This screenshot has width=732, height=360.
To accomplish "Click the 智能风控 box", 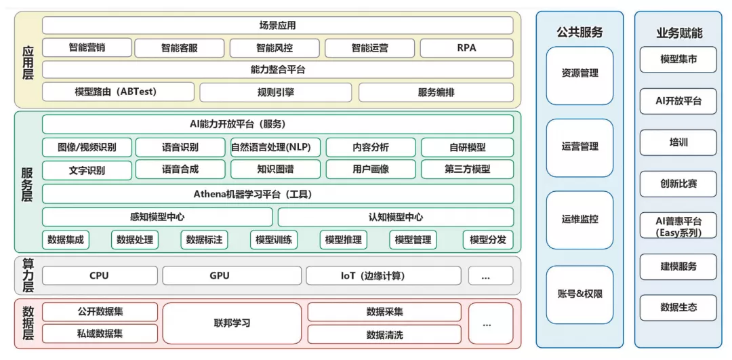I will [278, 48].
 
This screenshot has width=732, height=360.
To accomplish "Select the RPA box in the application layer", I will [466, 48].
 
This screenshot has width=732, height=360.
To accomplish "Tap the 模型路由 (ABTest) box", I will [118, 92].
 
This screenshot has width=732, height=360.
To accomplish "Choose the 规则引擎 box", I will [275, 92].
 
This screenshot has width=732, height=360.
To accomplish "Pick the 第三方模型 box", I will [467, 169].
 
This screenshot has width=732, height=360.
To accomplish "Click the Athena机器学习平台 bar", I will [277, 194].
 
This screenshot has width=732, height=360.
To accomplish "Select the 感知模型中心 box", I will [157, 217].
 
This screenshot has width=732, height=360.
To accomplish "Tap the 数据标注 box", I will [204, 239].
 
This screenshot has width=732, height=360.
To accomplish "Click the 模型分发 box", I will [487, 239].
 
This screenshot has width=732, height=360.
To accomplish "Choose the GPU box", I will [220, 275].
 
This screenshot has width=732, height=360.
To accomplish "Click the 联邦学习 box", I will [232, 323].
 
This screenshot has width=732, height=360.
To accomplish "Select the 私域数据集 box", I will [100, 334].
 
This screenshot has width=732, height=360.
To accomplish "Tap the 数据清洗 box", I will [384, 334].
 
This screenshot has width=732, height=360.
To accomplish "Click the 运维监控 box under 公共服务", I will [579, 220].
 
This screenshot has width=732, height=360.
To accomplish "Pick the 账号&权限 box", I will [579, 294].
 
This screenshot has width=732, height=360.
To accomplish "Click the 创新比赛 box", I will [678, 184].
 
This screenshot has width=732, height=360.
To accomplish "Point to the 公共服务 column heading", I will [579, 32].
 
